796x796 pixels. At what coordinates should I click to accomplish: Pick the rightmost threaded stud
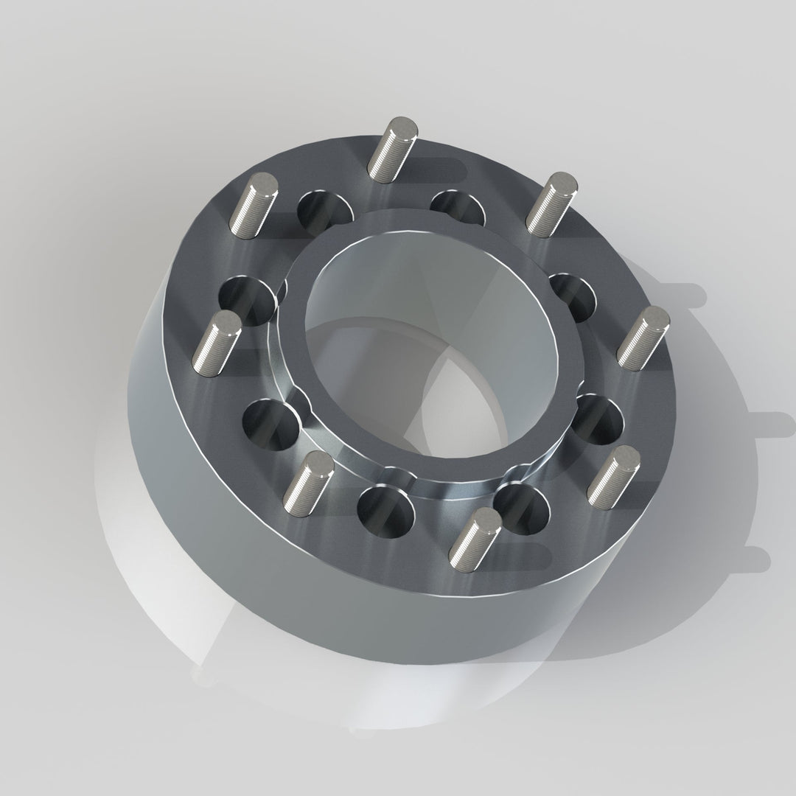(643, 338)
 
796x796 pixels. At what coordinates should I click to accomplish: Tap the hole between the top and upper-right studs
(458, 208)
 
